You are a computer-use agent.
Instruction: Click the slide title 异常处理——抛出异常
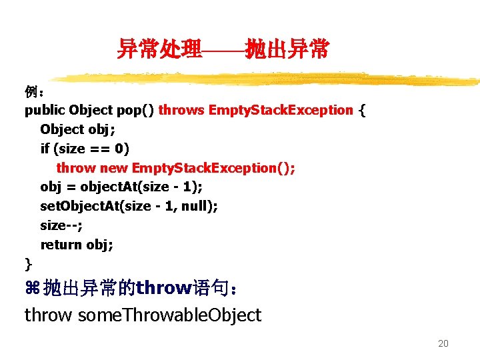click(x=223, y=49)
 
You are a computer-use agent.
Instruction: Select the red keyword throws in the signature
click(x=181, y=110)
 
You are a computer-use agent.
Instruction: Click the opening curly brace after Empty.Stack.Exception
click(x=362, y=110)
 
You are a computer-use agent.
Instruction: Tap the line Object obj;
click(x=77, y=129)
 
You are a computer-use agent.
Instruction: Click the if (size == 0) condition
click(x=85, y=148)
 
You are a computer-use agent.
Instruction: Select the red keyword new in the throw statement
click(x=113, y=167)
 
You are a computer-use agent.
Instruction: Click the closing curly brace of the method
click(x=28, y=263)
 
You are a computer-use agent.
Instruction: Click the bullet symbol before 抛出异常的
click(x=32, y=289)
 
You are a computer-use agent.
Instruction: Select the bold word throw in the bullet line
click(x=163, y=289)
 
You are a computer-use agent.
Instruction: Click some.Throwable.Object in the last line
click(x=169, y=315)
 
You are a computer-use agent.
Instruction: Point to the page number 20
click(x=443, y=344)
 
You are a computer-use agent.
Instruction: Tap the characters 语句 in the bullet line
click(x=209, y=289)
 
